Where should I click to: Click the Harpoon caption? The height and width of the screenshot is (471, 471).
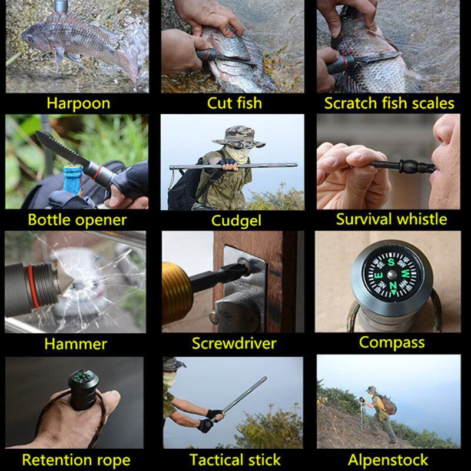(78, 104)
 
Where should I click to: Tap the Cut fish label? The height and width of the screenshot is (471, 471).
(234, 104)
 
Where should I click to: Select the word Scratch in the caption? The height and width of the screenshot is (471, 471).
(351, 104)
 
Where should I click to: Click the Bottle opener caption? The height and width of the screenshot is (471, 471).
(77, 221)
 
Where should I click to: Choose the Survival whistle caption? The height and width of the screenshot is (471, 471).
(392, 220)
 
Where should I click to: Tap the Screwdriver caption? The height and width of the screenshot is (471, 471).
(234, 343)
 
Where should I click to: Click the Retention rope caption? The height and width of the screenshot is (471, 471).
(77, 459)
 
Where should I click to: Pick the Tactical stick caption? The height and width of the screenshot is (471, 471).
(235, 459)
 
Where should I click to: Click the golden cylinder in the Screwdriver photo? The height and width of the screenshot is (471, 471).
(177, 293)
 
